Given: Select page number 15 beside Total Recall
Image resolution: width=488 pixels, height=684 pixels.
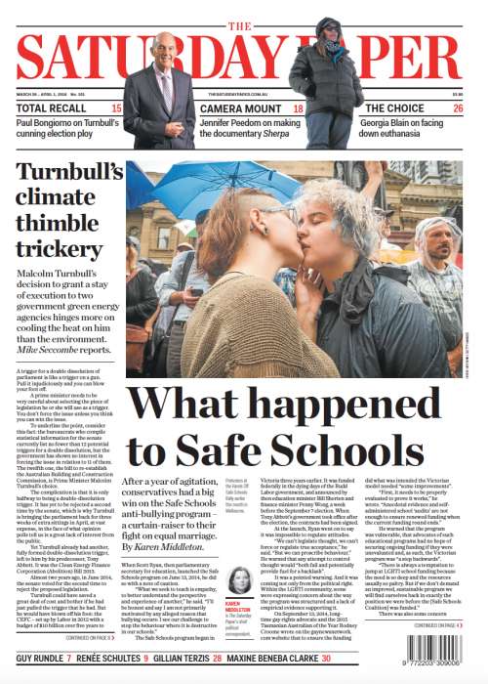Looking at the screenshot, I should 117,107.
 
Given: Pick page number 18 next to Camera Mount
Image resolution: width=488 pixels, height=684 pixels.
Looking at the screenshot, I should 299,107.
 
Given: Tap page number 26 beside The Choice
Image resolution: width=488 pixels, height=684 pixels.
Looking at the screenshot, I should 458,107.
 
